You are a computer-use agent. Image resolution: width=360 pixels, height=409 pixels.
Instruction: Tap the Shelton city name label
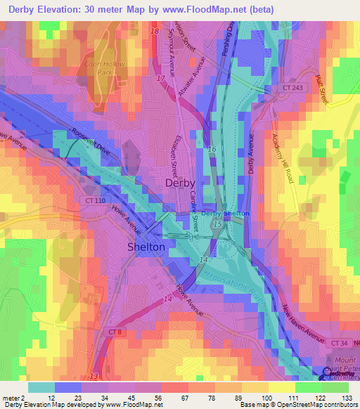point(146,247)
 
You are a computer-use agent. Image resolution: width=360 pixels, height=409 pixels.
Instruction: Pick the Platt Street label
point(321,91)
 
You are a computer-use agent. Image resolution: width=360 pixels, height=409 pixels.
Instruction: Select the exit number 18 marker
point(155,32)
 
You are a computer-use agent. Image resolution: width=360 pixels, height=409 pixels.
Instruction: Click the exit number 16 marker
point(212,150)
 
